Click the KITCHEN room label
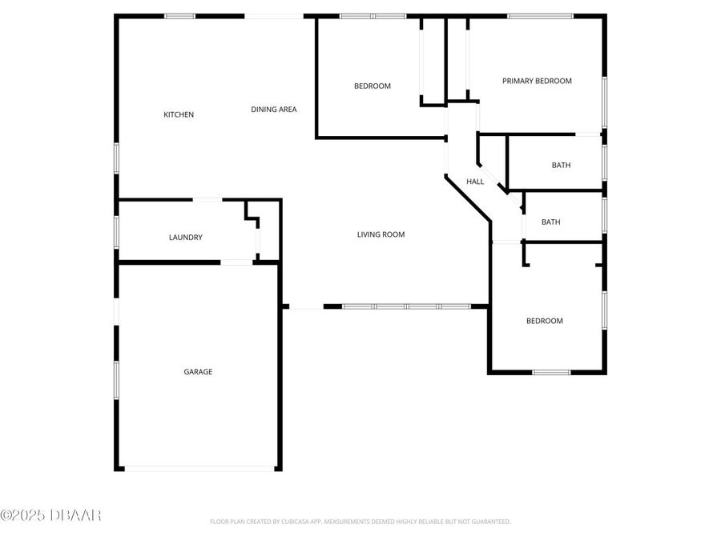coord(179,114)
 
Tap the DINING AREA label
coord(274,110)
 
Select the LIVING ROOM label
coord(381,234)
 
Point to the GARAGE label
coord(198,371)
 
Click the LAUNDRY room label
coord(185,238)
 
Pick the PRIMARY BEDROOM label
coord(537,81)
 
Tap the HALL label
coord(475,182)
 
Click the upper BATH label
coord(561,166)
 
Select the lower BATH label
coord(550,222)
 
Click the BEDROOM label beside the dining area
coord(373,86)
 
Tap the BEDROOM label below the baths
coord(544,321)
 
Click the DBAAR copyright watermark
coord(50,515)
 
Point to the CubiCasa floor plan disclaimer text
coord(360,522)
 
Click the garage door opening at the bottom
coord(199,469)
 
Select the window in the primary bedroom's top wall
coord(540,16)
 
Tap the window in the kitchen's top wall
coord(180,16)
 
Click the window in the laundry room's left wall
coord(117,232)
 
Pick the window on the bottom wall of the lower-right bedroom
coord(551,372)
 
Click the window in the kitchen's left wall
coord(117,157)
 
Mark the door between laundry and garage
coord(237,262)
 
